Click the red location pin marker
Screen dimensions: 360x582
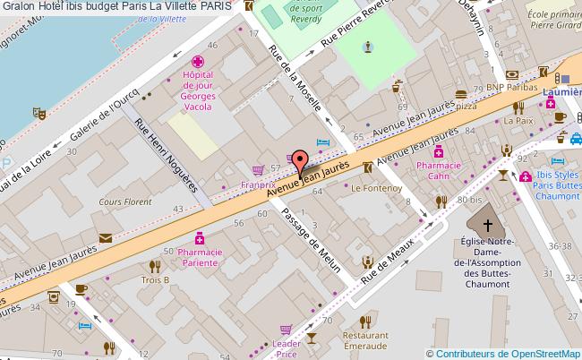click(300, 162)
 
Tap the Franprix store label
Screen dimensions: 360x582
click(257, 185)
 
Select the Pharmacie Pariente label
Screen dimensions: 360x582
click(200, 258)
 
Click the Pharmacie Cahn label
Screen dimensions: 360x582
click(439, 170)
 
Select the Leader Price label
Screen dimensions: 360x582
click(287, 348)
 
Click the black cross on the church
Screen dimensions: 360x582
click(488, 225)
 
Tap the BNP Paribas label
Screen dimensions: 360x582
click(506, 87)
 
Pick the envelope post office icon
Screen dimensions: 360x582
click(106, 237)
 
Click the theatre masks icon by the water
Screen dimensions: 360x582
click(39, 114)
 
